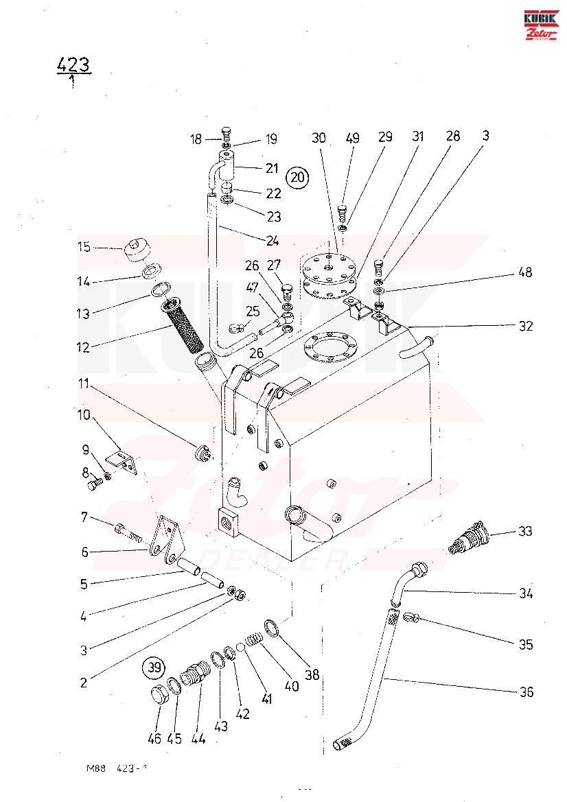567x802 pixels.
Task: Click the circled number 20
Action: pyautogui.click(x=297, y=177)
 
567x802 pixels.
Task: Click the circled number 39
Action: pyautogui.click(x=153, y=667)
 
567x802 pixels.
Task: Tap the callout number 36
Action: pyautogui.click(x=526, y=692)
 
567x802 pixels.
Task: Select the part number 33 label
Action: pyautogui.click(x=526, y=531)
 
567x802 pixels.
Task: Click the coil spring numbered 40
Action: pyautogui.click(x=255, y=643)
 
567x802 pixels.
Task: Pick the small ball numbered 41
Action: pyautogui.click(x=241, y=646)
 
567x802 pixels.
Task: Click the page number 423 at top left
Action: pyautogui.click(x=73, y=65)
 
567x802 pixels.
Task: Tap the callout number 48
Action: pyautogui.click(x=525, y=272)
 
